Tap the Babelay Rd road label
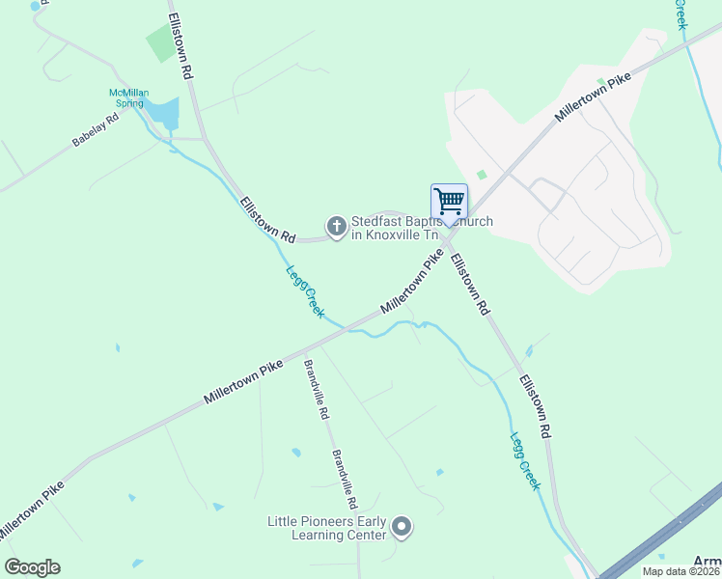[x=95, y=130]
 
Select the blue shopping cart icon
[x=449, y=201]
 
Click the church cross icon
[x=336, y=228]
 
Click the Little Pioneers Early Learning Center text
[x=326, y=528]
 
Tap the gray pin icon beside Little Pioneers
[x=403, y=528]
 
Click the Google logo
[x=32, y=567]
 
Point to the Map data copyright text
[x=681, y=571]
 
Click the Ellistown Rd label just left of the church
[x=267, y=219]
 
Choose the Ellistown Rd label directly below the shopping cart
[x=469, y=285]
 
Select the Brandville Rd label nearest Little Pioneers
[x=345, y=480]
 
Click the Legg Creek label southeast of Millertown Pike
[x=524, y=460]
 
